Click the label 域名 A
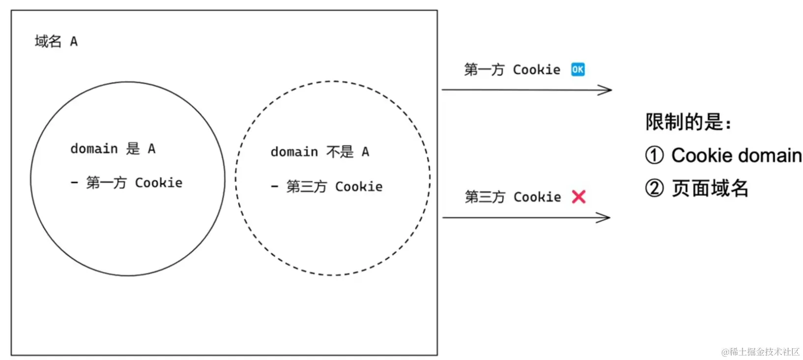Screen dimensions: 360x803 click(56, 41)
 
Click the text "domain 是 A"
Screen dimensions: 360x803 click(113, 148)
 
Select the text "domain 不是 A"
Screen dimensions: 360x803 click(319, 152)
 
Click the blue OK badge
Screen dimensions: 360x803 click(577, 69)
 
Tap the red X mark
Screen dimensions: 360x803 click(579, 197)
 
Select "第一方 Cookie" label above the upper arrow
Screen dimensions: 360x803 click(512, 70)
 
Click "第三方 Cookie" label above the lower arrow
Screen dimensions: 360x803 click(513, 197)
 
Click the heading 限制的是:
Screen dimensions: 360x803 click(688, 122)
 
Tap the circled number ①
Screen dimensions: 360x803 click(654, 155)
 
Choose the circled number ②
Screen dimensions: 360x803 click(654, 188)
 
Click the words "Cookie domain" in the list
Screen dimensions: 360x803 click(736, 155)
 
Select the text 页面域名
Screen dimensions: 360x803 click(710, 188)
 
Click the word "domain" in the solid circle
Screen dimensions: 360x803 click(94, 148)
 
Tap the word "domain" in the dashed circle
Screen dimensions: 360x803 click(294, 152)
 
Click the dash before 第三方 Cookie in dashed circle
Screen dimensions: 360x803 click(274, 187)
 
